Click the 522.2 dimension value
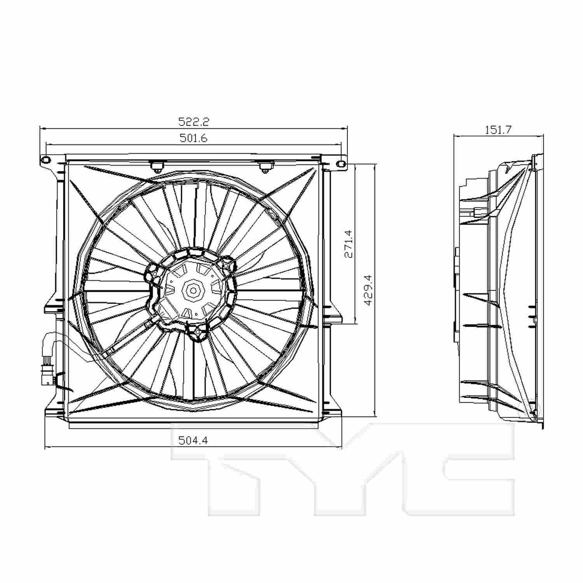click(x=194, y=122)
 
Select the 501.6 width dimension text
click(x=194, y=138)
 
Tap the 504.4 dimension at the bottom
click(x=194, y=440)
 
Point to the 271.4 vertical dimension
click(x=348, y=244)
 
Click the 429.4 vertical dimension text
click(x=368, y=290)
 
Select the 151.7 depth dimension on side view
click(x=498, y=129)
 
